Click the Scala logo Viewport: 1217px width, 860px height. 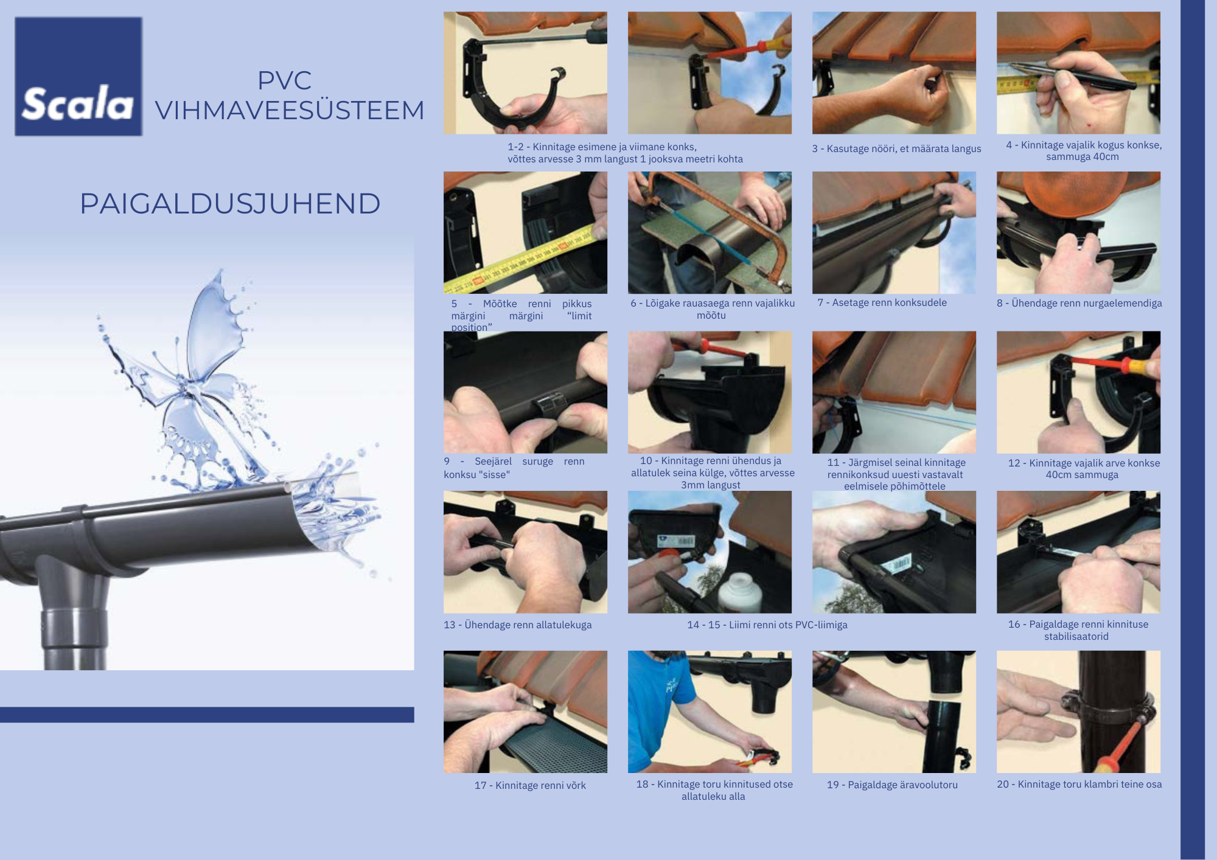(x=78, y=76)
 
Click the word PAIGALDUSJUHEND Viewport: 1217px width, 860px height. (x=230, y=203)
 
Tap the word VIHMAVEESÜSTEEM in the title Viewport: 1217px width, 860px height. (x=290, y=110)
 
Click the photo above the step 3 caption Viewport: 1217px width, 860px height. (x=894, y=73)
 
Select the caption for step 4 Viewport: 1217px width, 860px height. (x=1083, y=151)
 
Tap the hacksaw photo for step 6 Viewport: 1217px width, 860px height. (x=710, y=232)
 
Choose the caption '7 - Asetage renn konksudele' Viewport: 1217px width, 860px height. (x=882, y=302)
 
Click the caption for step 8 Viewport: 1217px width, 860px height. (x=1079, y=303)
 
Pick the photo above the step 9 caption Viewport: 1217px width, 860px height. (x=525, y=392)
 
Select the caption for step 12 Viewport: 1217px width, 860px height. (x=1083, y=469)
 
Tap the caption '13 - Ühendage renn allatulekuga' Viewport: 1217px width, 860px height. (x=517, y=625)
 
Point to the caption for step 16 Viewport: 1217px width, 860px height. (x=1078, y=630)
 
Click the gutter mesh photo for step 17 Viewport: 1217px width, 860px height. (x=525, y=712)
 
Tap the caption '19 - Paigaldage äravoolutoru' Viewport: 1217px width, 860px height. (x=892, y=785)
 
